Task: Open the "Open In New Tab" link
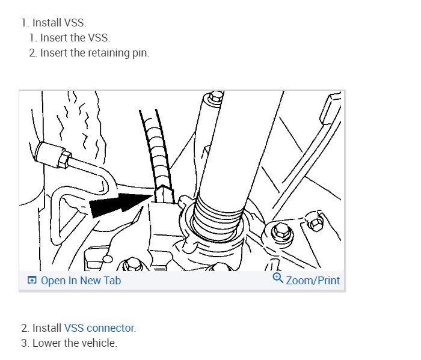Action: (81, 281)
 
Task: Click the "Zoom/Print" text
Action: (313, 281)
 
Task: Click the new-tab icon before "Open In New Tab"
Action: (32, 281)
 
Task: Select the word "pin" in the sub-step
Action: (140, 53)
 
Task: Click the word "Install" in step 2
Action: (47, 328)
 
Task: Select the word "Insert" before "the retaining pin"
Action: (53, 53)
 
